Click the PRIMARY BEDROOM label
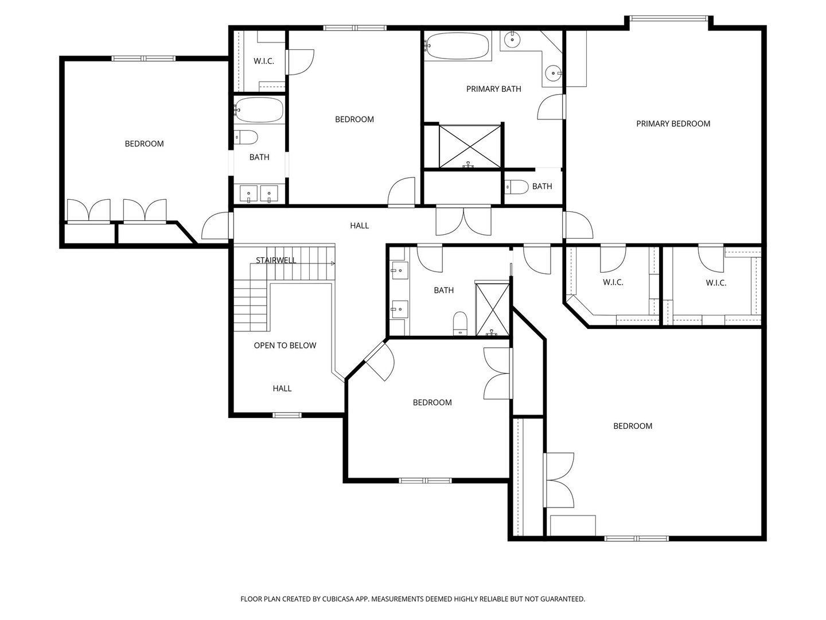pos(673,123)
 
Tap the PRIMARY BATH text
pos(493,89)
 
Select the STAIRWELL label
pos(276,261)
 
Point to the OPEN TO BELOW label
pos(285,346)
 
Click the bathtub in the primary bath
pos(457,46)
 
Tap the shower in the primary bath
pos(469,147)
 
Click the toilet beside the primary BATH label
pos(516,187)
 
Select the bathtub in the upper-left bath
pos(259,109)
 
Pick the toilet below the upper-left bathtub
pos(246,137)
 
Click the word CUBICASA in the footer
pos(344,599)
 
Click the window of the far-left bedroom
pos(143,58)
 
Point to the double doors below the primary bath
pos(463,221)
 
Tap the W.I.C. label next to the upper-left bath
pos(263,61)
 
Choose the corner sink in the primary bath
pos(552,72)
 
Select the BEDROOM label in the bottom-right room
pos(633,426)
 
